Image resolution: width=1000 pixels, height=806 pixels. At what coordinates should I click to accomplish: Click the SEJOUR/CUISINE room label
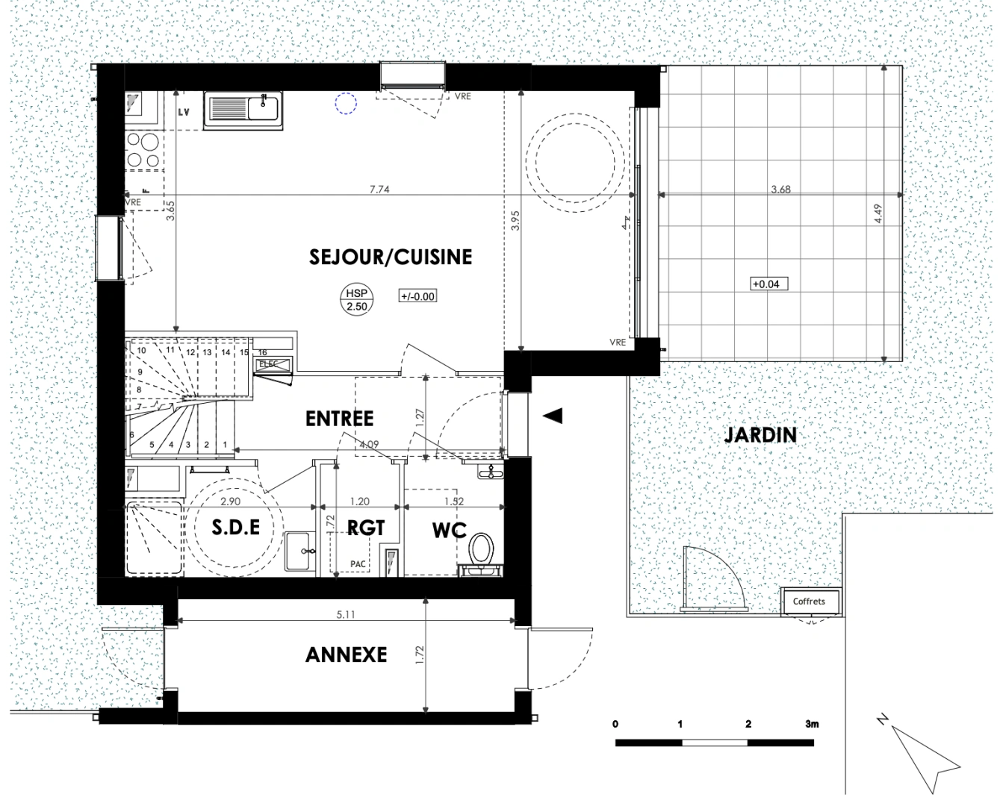pos(391,257)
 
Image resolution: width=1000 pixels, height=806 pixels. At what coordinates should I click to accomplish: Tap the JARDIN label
pos(760,435)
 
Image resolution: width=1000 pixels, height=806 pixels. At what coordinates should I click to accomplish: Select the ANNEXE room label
pos(346,655)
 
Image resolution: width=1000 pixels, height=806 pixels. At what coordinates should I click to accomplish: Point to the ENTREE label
pos(339,419)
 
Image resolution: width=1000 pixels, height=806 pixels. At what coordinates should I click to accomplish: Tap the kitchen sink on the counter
pos(244,109)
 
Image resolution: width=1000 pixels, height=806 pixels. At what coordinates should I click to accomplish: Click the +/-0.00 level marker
pos(417,296)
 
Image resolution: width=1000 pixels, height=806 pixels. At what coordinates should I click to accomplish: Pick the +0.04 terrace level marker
pos(767,284)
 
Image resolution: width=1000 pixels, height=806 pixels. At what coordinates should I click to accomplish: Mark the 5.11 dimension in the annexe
pos(345,616)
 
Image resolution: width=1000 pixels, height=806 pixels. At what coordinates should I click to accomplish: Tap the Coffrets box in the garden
pos(810,602)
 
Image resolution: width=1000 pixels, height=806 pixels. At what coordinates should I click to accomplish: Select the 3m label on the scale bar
pos(811,724)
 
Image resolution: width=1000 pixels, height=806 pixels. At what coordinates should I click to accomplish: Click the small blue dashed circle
pos(345,103)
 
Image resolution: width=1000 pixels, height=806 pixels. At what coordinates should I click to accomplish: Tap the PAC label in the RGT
pos(358,564)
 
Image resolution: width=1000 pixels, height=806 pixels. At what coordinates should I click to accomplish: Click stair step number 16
pos(262,352)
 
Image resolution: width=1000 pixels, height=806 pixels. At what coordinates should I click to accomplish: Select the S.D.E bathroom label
pos(235,528)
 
